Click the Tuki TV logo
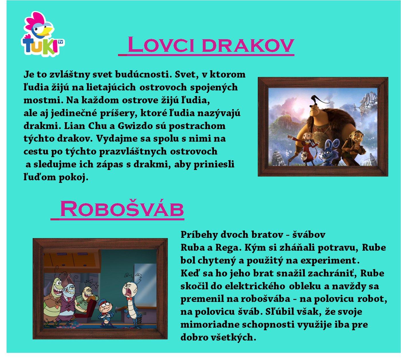pyautogui.click(x=43, y=34)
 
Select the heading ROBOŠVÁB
pyautogui.click(x=122, y=209)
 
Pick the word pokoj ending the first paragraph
pyautogui.click(x=73, y=177)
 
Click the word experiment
pyautogui.click(x=330, y=260)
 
